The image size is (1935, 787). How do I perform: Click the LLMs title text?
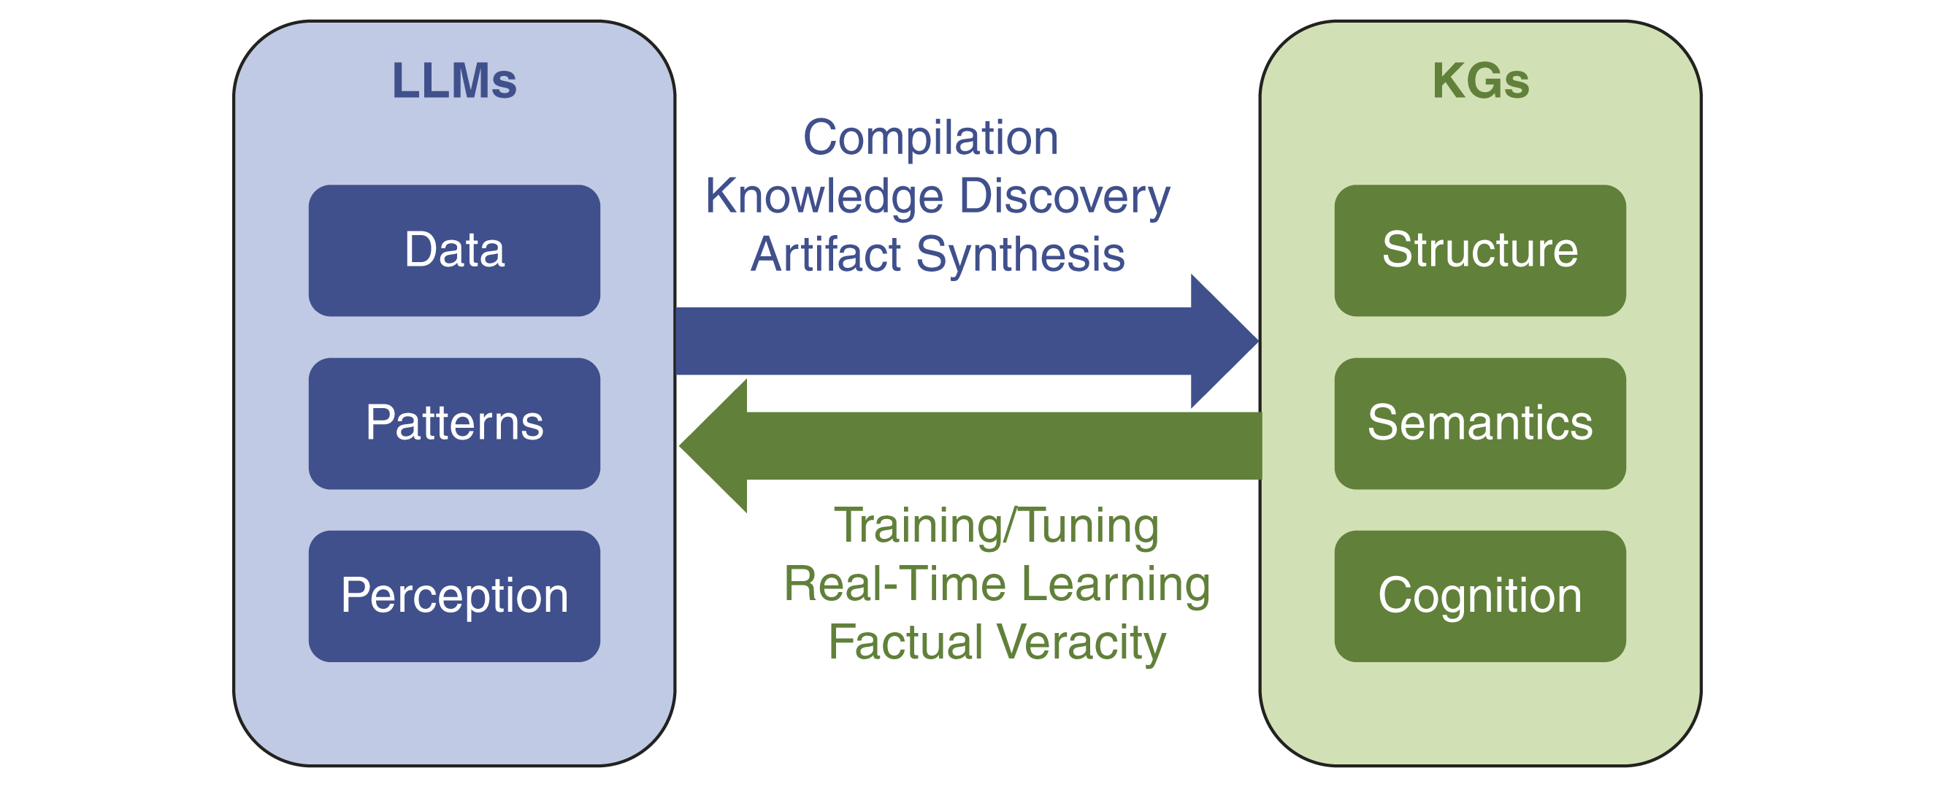[x=454, y=81]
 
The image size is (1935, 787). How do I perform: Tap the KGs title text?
[x=1480, y=81]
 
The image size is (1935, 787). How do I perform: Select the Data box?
[x=454, y=250]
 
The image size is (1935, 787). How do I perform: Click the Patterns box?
[x=454, y=423]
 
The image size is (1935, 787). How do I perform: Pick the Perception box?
[x=454, y=596]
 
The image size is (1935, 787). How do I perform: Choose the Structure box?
[x=1480, y=250]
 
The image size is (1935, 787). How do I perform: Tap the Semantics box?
[x=1480, y=423]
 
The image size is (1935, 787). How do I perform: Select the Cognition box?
[x=1480, y=596]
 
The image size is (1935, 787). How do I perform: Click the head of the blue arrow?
[x=1221, y=341]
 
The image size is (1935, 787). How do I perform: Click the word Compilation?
[x=931, y=138]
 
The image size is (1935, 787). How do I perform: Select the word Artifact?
[x=826, y=255]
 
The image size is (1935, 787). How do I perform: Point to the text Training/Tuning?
[x=997, y=526]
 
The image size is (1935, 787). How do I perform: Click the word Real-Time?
[x=894, y=584]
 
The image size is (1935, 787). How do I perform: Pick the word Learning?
[x=1116, y=584]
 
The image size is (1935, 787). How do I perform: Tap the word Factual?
[x=906, y=643]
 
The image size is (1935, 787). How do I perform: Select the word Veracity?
[x=1082, y=643]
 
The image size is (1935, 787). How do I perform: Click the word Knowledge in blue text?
[x=824, y=197]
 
